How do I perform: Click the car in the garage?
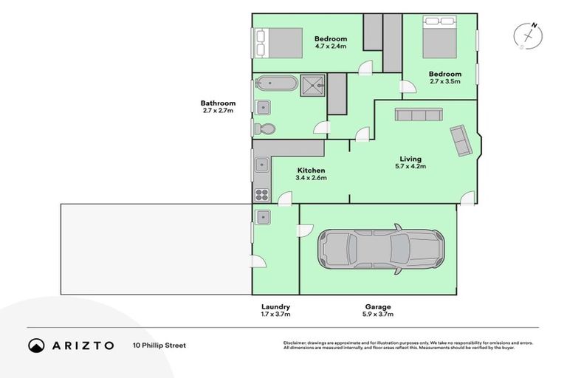(381, 250)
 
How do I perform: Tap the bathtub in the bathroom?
(277, 83)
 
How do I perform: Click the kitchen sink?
(262, 165)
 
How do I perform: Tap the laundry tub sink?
(263, 216)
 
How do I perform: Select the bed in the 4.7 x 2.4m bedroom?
(279, 43)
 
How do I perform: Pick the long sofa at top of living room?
(419, 114)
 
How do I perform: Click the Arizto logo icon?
(37, 346)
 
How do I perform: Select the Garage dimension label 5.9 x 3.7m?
(377, 315)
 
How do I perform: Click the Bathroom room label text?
(218, 103)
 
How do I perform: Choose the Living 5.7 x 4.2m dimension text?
(410, 167)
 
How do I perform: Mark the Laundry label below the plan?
(275, 306)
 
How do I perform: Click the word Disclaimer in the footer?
(296, 343)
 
